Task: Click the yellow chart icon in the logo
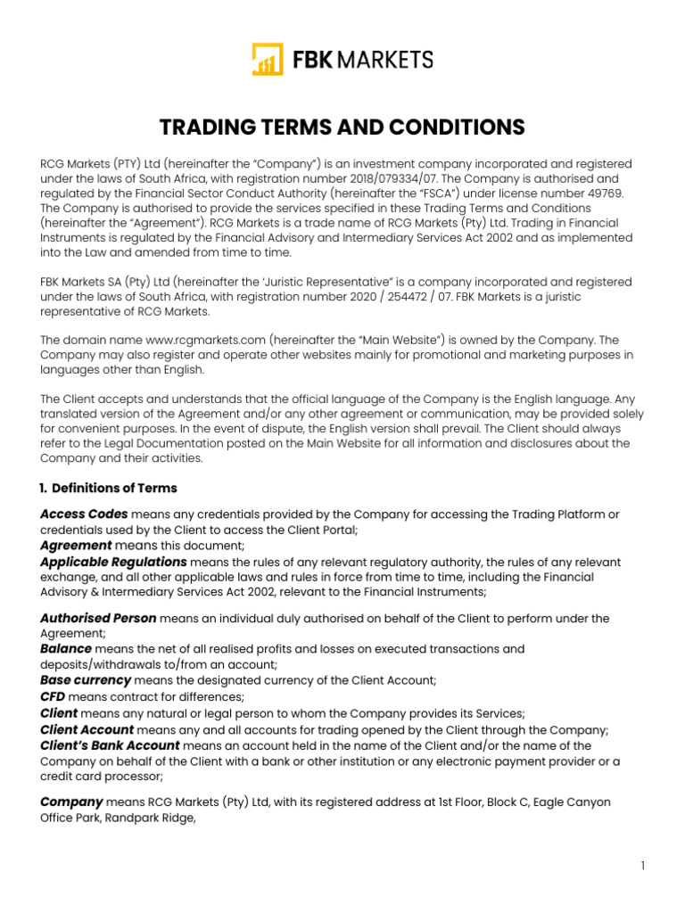tap(267, 60)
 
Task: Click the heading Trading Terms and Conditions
tap(342, 127)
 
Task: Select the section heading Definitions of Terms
tap(114, 488)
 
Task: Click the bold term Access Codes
tap(84, 514)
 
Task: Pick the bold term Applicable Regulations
tap(113, 563)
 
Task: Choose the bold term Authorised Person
tap(98, 618)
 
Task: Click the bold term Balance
tap(65, 649)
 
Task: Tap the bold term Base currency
tap(86, 680)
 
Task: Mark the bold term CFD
tap(53, 696)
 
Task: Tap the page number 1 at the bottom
tap(642, 866)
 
